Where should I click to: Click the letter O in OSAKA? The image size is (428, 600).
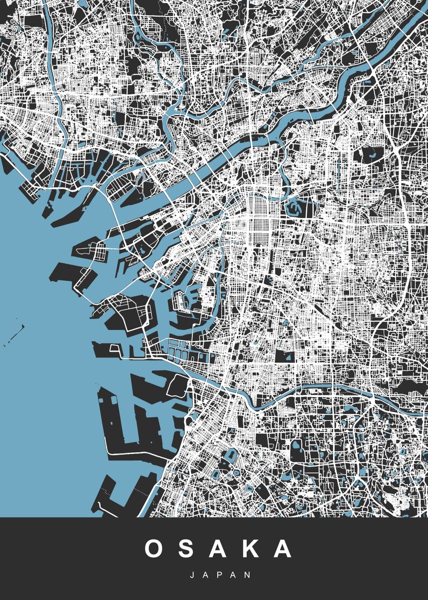tap(155, 549)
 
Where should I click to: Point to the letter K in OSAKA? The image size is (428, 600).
tap(251, 549)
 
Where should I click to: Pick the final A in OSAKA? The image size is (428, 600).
tap(282, 549)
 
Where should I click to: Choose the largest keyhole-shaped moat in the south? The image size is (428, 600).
tap(231, 456)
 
